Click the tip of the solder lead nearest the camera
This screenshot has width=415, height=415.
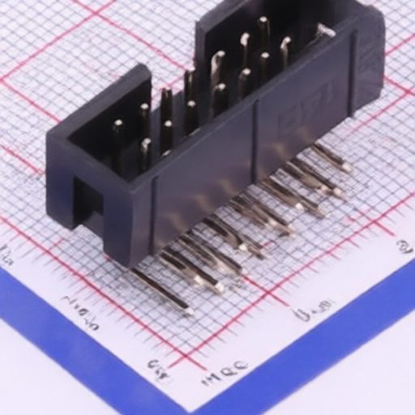pyautogui.click(x=187, y=310)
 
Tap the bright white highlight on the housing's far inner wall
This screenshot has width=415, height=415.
pyautogui.click(x=324, y=31)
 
